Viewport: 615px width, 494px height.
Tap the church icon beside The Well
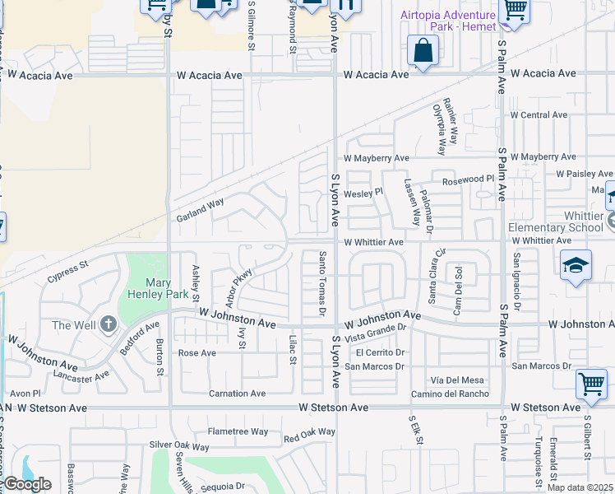click(x=108, y=325)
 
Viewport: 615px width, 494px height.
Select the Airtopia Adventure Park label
click(x=448, y=21)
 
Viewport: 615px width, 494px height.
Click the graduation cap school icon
click(x=576, y=265)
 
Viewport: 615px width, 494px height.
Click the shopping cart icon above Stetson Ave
click(x=591, y=383)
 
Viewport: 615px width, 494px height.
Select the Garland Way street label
click(x=201, y=212)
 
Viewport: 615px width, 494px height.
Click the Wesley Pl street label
click(x=363, y=193)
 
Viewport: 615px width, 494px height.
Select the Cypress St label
click(x=67, y=271)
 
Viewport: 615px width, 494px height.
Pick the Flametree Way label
click(x=238, y=431)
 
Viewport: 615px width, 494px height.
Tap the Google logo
click(x=26, y=484)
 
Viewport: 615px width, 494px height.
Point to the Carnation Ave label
click(x=237, y=394)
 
